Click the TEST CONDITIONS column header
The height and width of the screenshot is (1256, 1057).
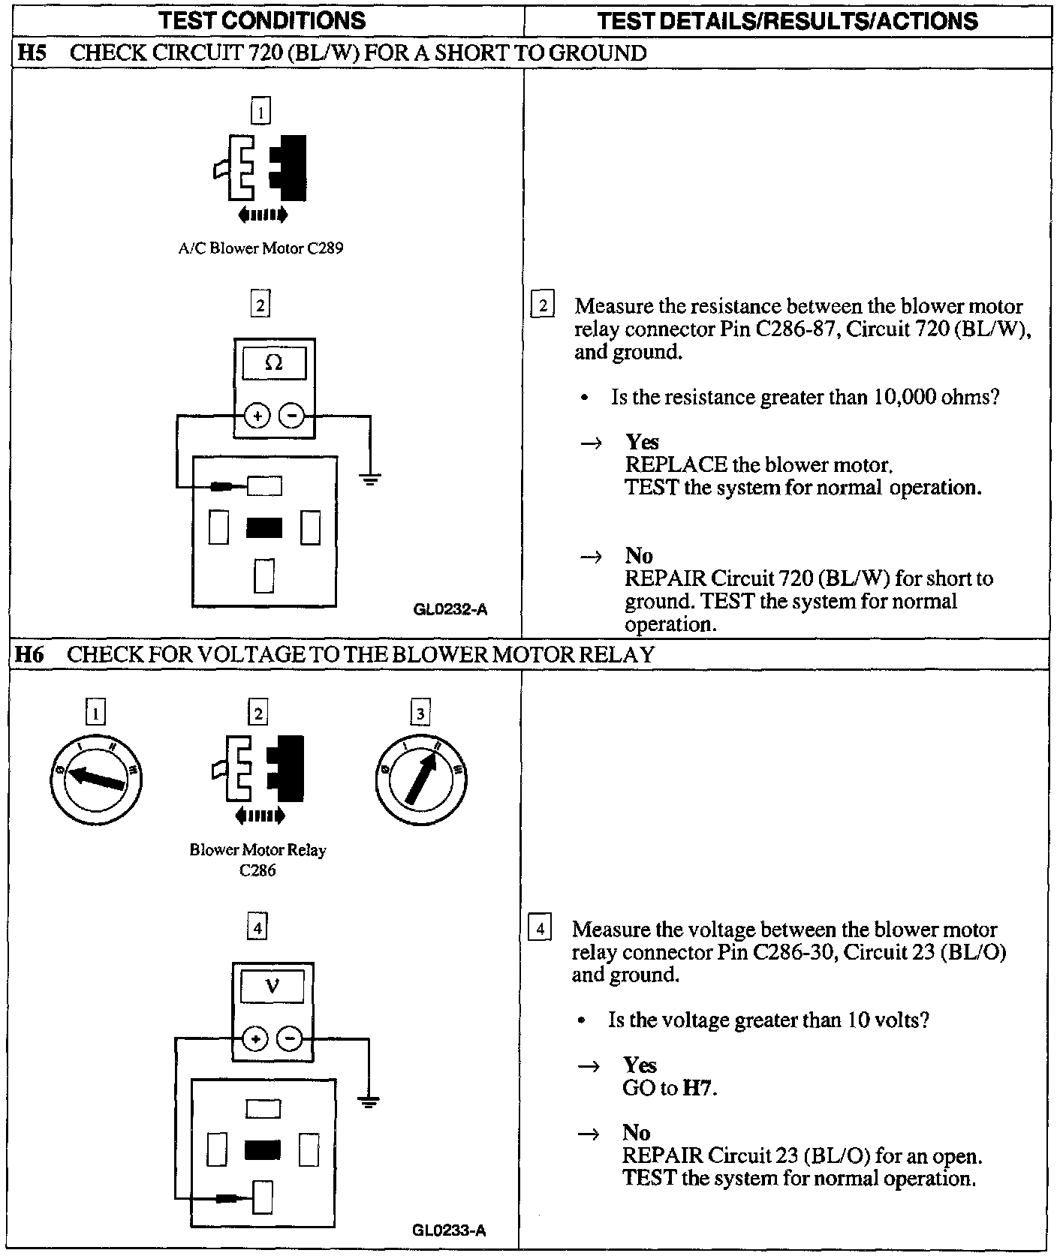(x=263, y=20)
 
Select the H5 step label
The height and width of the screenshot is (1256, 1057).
(x=31, y=53)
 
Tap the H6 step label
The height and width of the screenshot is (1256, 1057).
(x=31, y=654)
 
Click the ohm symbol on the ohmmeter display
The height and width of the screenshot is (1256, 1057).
(x=274, y=364)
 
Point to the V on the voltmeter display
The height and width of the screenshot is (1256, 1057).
(x=273, y=987)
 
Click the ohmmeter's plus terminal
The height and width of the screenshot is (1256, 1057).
(x=257, y=416)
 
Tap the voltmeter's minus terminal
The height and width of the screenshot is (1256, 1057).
(x=290, y=1039)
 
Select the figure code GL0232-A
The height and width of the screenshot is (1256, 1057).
(x=450, y=609)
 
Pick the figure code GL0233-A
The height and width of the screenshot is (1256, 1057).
(x=449, y=1230)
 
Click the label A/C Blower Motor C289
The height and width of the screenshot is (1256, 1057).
(x=260, y=248)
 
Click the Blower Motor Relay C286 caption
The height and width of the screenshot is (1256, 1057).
(x=257, y=860)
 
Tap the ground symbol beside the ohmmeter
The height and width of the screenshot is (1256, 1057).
(x=369, y=478)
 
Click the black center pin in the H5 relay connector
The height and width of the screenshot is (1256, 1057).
(x=264, y=528)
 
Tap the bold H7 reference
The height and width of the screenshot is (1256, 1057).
(x=697, y=1088)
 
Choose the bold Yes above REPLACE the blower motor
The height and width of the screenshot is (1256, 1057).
(x=643, y=442)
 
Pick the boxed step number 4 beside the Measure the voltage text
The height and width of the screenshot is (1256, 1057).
(x=540, y=928)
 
